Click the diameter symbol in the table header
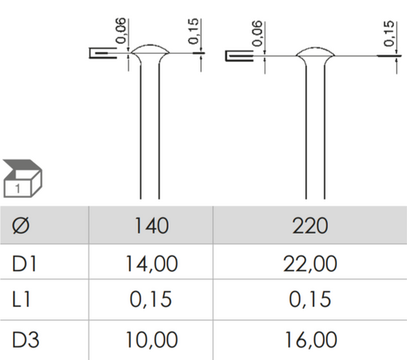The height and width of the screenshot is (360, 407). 20,226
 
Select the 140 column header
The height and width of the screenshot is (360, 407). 151,226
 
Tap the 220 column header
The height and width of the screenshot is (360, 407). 310,226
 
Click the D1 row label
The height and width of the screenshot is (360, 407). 24,263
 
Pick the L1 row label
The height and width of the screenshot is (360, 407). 21,299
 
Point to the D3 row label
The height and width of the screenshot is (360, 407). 25,340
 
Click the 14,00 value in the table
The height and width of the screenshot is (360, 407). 151,264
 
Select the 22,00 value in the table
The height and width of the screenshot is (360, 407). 310,264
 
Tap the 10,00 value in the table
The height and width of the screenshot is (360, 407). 151,340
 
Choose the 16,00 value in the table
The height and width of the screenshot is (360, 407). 310,340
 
